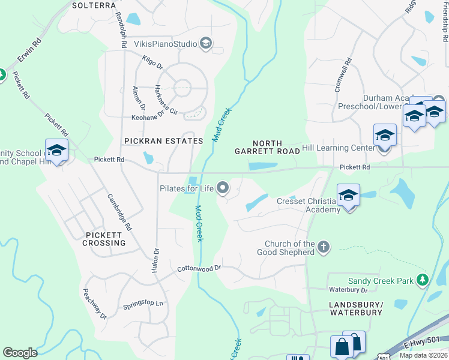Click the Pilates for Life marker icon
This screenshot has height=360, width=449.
[223, 188]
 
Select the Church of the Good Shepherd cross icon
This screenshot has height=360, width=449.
[324, 247]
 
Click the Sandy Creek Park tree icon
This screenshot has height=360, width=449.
[423, 280]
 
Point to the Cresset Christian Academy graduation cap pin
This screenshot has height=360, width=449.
[348, 196]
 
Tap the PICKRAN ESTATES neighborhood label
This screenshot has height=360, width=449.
[164, 141]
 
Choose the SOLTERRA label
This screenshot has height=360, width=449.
[93, 5]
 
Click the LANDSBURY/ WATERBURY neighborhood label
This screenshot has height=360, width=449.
[355, 308]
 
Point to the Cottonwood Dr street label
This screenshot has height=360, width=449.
[199, 269]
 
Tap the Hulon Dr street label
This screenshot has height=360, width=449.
[155, 261]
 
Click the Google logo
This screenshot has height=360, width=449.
[20, 353]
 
